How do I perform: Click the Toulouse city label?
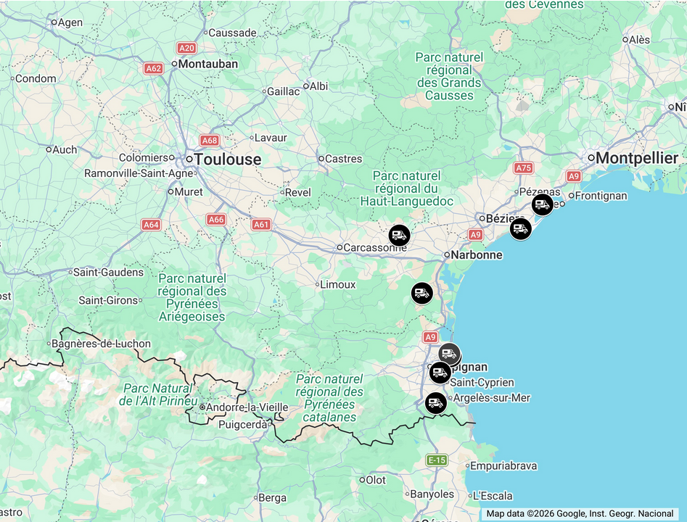227,159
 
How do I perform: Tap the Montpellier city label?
636,158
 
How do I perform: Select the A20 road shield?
186,48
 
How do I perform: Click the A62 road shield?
153,68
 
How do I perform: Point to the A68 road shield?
210,140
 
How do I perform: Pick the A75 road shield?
523,167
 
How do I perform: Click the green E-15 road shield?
437,460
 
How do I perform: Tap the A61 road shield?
261,225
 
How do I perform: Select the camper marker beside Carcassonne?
399,235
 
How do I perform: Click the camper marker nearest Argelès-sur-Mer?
435,402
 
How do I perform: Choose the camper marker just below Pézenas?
542,204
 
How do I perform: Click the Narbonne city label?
476,255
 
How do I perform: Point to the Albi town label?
318,86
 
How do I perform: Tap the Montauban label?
207,64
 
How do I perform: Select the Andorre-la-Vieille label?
237,407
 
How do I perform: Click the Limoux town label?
337,284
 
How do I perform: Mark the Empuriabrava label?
503,466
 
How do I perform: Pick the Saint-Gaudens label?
109,273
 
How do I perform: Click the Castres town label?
343,159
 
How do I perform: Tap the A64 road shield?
151,225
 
